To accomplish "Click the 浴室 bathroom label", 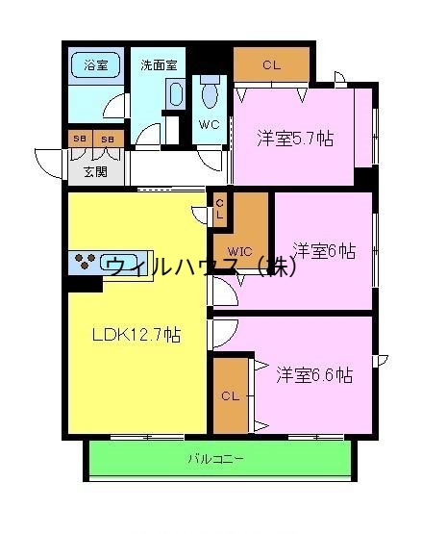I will [96, 65].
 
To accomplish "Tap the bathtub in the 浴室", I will [96, 66].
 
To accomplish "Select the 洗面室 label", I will [159, 65].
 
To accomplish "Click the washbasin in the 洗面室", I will [175, 93].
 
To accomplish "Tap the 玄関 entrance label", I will [94, 172].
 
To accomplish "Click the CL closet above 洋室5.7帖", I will [271, 65].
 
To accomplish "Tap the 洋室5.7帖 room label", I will [295, 139].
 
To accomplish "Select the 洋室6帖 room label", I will [324, 251].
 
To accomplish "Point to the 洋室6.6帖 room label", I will [314, 374].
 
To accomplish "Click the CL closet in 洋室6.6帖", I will [229, 394].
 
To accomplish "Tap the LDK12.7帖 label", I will [137, 335].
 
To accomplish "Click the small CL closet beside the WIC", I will [219, 210].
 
